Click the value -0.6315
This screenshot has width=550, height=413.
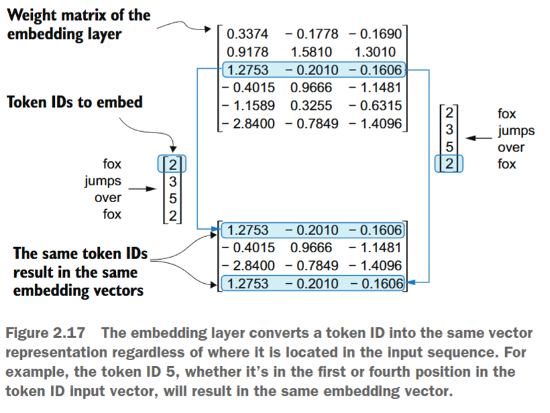(x=374, y=106)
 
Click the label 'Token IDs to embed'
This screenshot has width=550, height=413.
(x=74, y=103)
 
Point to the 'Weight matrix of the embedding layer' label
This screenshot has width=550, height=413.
(x=79, y=25)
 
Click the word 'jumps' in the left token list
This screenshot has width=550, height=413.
(x=103, y=181)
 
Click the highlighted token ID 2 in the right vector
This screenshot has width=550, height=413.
(x=449, y=164)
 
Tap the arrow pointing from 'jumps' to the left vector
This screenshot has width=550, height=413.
(x=143, y=189)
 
